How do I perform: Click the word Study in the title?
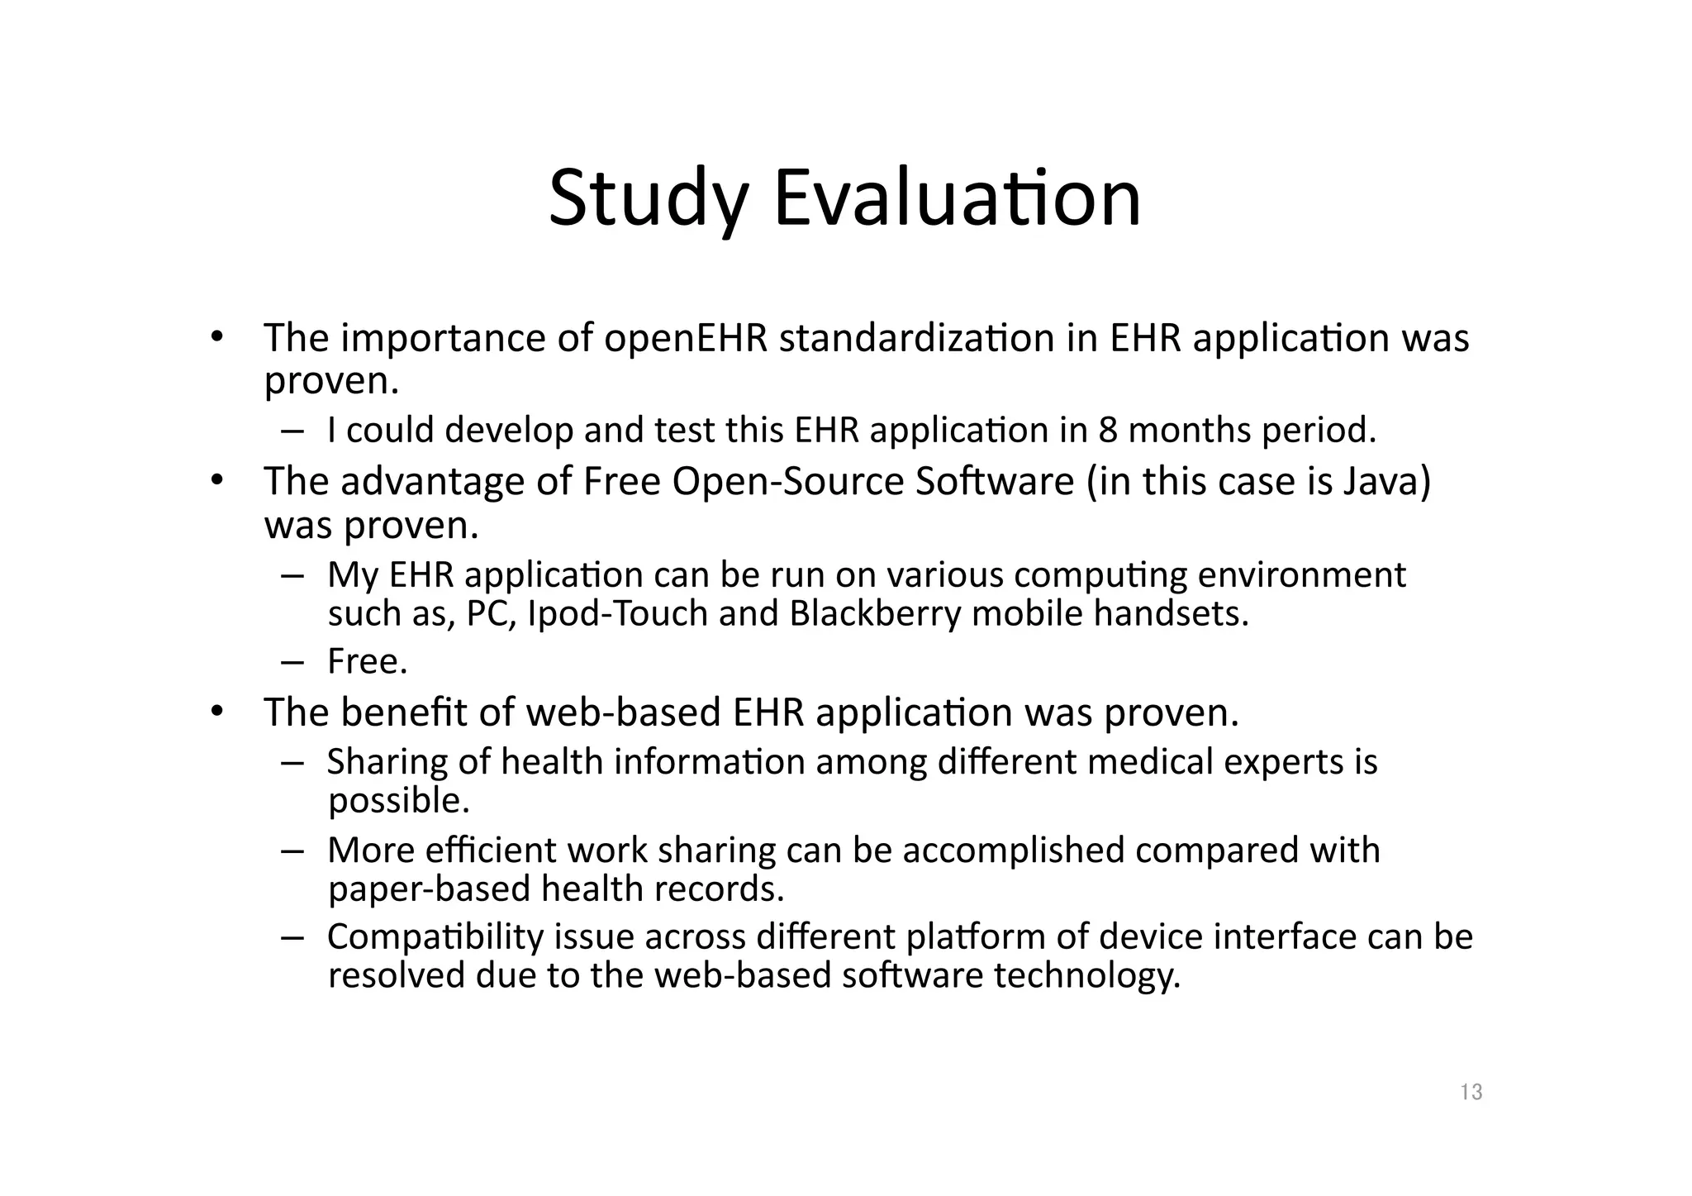pos(649,199)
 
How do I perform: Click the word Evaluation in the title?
pos(958,199)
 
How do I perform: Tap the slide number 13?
pos(1471,1093)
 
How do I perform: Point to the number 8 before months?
pos(1108,430)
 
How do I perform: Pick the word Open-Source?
pos(788,481)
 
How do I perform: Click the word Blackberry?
pos(875,613)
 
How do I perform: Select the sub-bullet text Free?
pos(368,661)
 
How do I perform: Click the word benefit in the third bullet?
pos(404,712)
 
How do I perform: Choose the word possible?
pos(399,800)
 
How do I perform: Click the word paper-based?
pos(430,889)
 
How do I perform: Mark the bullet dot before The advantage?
pos(216,480)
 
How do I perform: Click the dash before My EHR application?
pos(292,575)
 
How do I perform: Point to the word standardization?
pos(916,338)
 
